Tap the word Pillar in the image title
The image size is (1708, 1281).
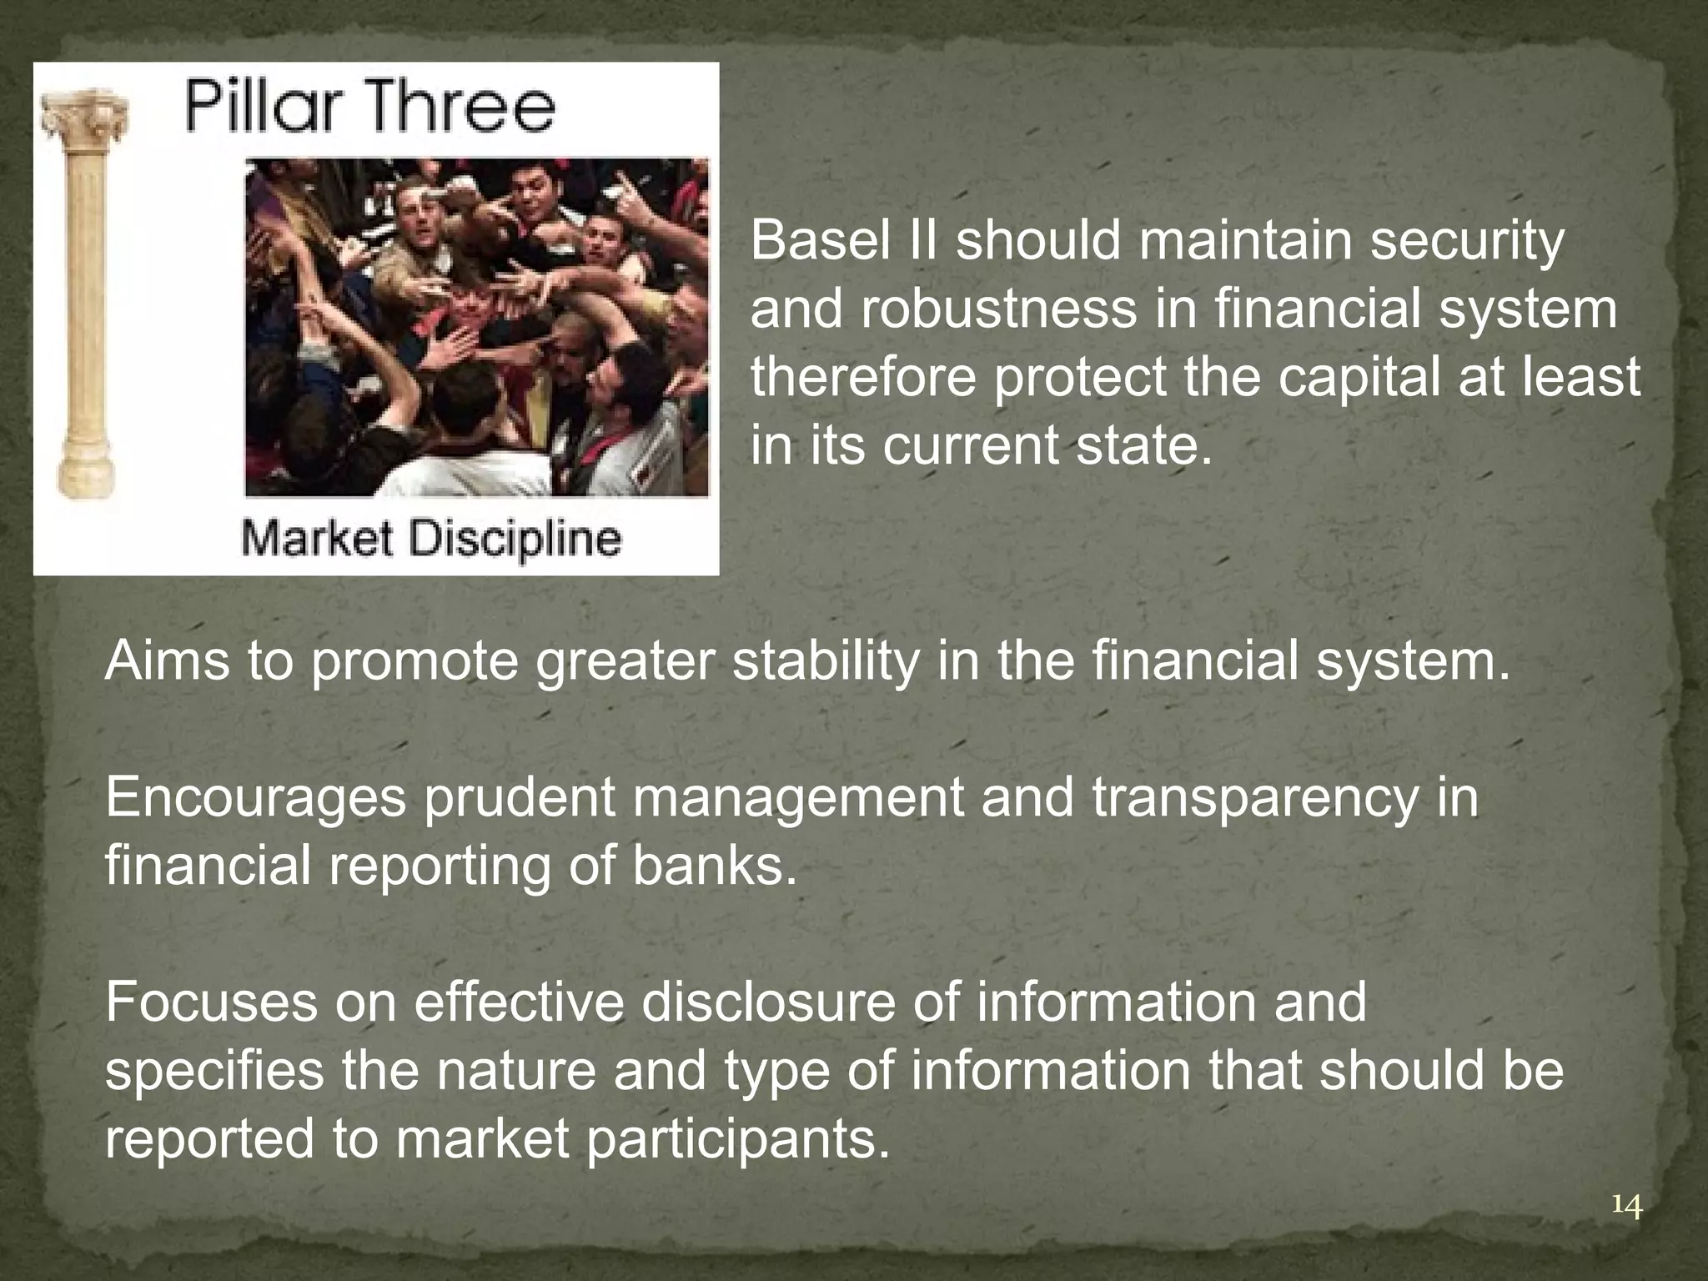255,109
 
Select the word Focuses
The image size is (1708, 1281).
211,1003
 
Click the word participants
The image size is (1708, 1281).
736,1140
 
